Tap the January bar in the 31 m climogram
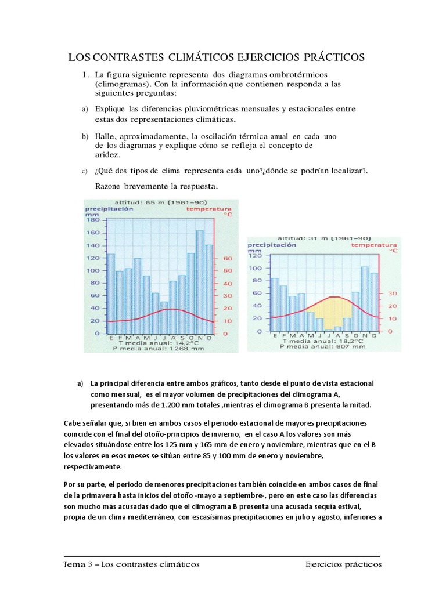(275, 304)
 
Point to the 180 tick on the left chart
(93, 219)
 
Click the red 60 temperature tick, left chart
(227, 258)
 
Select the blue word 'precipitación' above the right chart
(274, 245)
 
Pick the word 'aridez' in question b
(109, 155)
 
